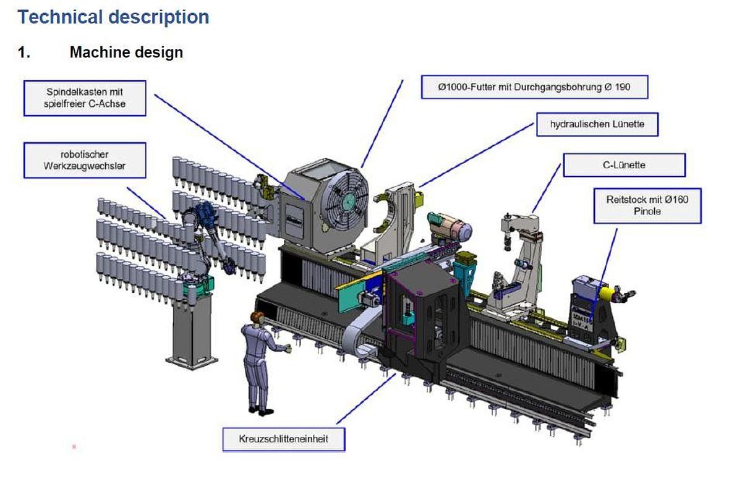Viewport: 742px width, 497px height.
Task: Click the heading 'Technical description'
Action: click(x=114, y=17)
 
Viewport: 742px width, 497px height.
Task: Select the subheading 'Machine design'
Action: click(x=126, y=52)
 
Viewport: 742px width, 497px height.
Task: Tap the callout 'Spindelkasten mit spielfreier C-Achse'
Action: click(x=85, y=98)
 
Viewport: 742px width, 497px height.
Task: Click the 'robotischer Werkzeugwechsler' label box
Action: click(x=85, y=160)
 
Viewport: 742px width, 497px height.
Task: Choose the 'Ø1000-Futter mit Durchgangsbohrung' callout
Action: click(x=534, y=87)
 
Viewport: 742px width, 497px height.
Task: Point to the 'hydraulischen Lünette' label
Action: click(x=597, y=124)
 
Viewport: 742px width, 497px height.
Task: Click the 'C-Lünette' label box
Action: click(x=624, y=165)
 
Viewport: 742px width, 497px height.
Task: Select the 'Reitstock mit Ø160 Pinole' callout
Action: click(x=647, y=205)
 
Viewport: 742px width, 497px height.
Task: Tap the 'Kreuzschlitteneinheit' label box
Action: click(x=283, y=440)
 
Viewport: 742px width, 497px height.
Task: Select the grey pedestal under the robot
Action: click(x=191, y=328)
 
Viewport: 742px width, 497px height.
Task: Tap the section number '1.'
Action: click(x=24, y=52)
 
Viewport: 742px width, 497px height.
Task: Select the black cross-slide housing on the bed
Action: click(x=427, y=315)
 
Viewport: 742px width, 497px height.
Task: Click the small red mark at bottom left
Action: click(x=74, y=446)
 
